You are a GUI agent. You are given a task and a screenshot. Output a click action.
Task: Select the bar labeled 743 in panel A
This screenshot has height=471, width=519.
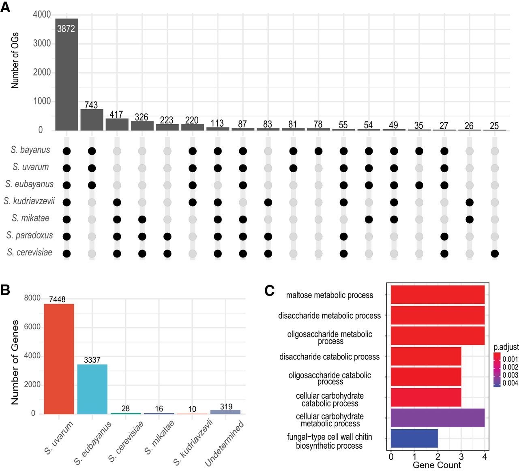click(x=92, y=120)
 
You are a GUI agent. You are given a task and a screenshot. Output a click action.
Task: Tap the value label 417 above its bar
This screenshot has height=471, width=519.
click(x=116, y=115)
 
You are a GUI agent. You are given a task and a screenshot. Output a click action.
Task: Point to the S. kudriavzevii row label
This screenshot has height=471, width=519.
click(x=29, y=201)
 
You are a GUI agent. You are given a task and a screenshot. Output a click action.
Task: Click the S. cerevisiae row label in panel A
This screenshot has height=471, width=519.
click(x=30, y=253)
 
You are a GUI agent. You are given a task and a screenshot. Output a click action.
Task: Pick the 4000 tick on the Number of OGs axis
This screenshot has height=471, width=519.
click(x=42, y=15)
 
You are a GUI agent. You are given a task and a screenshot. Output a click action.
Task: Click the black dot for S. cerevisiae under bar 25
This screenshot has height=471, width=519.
click(x=494, y=254)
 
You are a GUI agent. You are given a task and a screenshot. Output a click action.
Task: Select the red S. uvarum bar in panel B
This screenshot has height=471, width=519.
click(x=59, y=359)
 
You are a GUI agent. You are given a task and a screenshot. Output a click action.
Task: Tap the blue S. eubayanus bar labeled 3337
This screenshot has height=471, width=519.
click(x=92, y=389)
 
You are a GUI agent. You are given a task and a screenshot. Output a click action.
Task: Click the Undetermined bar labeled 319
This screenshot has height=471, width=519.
click(x=225, y=412)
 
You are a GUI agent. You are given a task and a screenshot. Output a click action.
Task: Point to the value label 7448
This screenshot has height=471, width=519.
click(x=57, y=299)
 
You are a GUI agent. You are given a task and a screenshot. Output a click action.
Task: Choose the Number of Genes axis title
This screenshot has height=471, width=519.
click(x=15, y=362)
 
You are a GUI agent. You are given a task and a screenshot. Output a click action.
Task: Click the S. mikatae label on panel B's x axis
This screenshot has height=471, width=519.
click(x=159, y=437)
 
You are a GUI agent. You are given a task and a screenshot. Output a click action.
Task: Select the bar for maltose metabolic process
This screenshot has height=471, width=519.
click(x=438, y=295)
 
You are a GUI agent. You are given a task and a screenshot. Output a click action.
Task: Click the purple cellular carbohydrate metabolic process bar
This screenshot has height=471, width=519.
click(x=438, y=418)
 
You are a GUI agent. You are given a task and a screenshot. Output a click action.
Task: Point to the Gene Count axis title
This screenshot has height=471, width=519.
click(x=437, y=465)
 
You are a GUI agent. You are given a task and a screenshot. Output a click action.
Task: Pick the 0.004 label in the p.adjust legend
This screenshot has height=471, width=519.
click(x=510, y=383)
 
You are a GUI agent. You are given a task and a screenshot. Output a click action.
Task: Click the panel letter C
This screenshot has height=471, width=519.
click(x=270, y=291)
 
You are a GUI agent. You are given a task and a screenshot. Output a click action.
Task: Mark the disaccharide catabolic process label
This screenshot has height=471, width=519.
click(x=329, y=357)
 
